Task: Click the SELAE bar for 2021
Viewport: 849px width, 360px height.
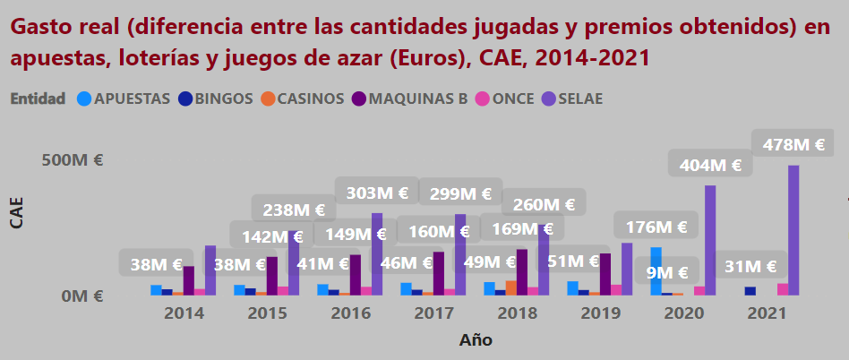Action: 793,230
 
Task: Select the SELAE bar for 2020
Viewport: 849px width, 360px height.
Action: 710,240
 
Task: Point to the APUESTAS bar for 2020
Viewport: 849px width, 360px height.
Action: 656,270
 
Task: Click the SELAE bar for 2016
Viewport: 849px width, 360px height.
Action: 377,254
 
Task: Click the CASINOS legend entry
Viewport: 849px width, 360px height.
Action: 302,99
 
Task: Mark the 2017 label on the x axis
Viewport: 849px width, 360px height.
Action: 434,314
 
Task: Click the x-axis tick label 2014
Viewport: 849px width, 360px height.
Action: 184,314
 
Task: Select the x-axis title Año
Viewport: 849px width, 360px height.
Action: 476,340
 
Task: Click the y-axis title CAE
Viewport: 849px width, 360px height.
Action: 16,212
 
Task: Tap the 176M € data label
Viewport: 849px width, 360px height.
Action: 656,227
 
